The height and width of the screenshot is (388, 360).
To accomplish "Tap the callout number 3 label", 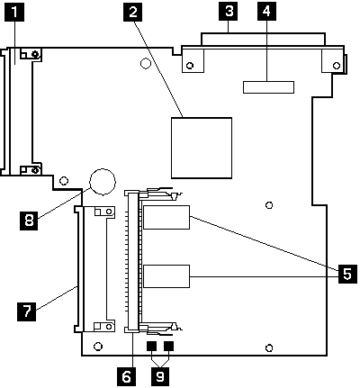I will (230, 12).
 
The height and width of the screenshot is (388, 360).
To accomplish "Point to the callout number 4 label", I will (267, 12).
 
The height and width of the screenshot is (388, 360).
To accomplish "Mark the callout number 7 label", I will (28, 312).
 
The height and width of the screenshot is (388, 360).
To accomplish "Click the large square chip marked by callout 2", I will (203, 147).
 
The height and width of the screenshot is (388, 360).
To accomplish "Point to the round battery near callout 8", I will (102, 181).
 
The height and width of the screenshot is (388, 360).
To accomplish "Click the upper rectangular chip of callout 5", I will (166, 219).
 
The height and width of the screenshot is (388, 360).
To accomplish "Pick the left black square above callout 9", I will (151, 346).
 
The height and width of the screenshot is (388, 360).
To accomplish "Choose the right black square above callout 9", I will (167, 346).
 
